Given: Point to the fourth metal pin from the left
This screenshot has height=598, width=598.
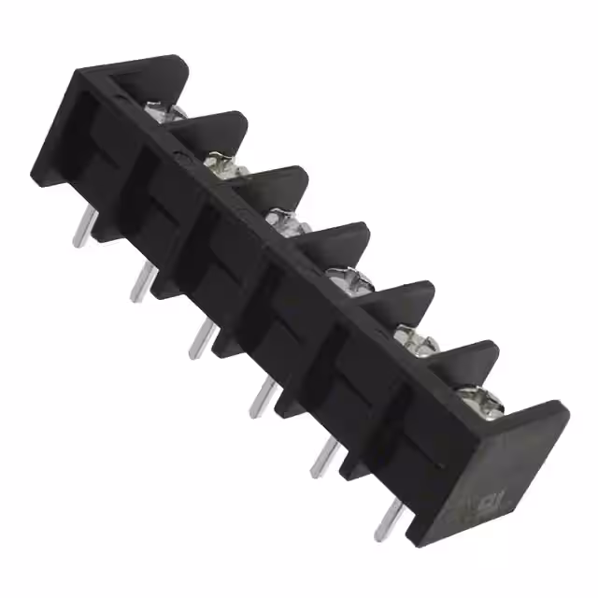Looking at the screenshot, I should coord(262,398).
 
